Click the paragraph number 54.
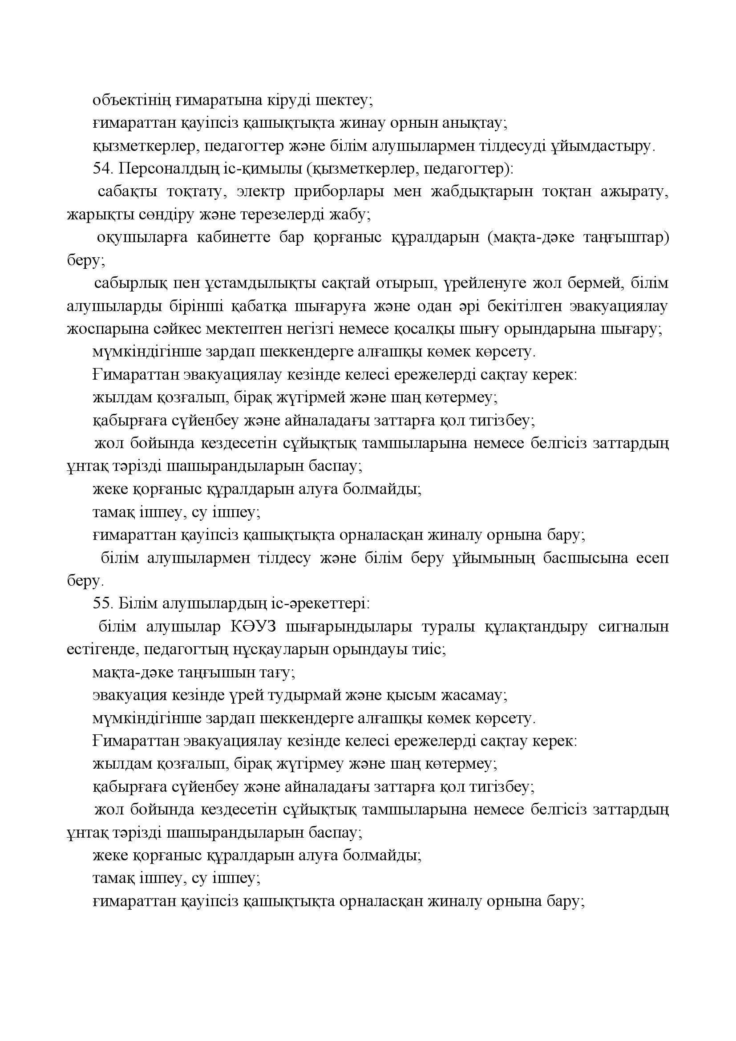pos(102,169)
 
